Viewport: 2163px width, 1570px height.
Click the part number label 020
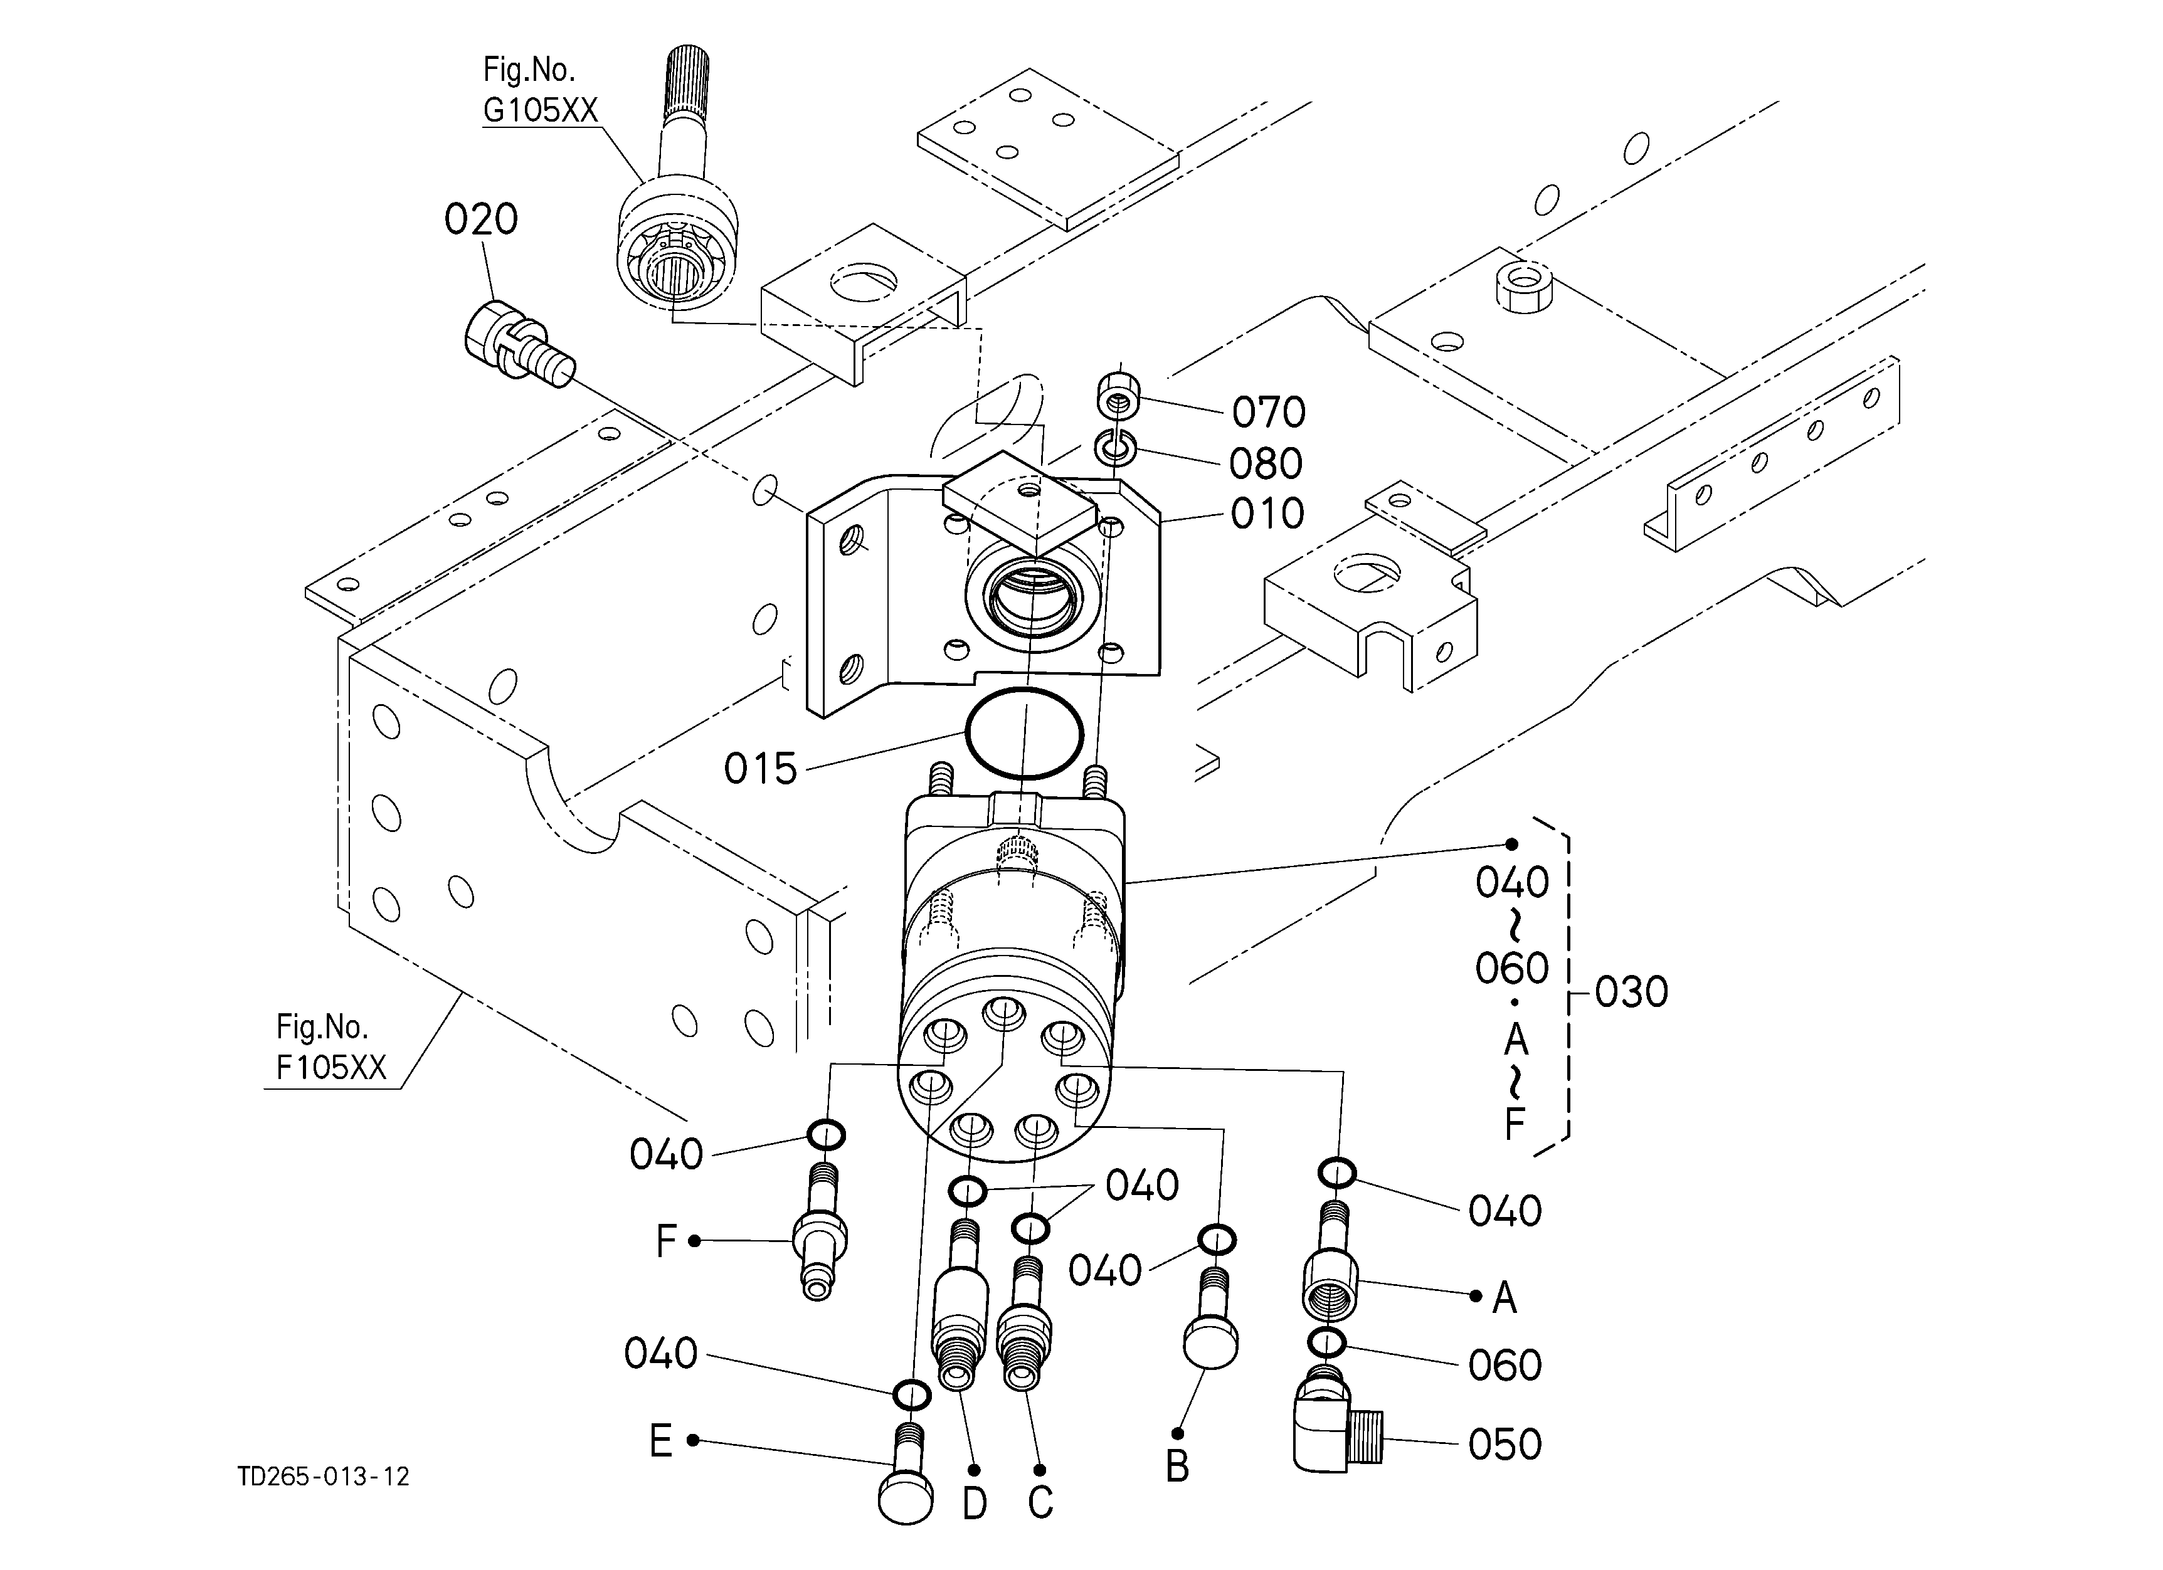(480, 219)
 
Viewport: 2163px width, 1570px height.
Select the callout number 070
(1269, 413)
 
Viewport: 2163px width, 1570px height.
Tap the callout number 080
(1266, 464)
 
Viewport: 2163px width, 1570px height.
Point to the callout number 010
(1267, 514)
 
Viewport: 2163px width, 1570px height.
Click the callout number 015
(760, 768)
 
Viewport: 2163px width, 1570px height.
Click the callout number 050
(1505, 1444)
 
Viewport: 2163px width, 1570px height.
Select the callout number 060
(1505, 1365)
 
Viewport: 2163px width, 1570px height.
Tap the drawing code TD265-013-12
(324, 1477)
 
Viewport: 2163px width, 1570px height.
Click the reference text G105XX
(541, 110)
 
